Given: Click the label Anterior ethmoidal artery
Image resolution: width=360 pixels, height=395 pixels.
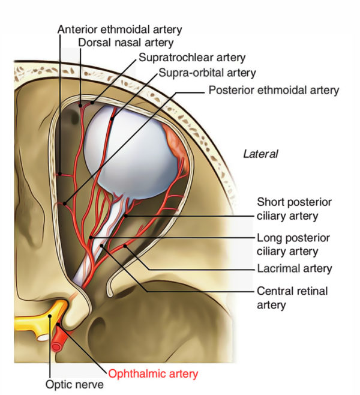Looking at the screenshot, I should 119,28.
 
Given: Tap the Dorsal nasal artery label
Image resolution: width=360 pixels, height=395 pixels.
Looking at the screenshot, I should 125,43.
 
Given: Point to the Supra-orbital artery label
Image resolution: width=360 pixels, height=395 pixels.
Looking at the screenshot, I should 207,73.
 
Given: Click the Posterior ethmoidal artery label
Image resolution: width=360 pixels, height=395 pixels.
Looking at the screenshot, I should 273,90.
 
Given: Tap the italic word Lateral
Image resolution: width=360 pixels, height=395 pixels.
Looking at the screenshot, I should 260,154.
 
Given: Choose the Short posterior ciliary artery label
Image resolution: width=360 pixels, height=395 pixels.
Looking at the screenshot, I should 294,208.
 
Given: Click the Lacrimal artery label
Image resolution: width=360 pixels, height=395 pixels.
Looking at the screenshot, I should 294,268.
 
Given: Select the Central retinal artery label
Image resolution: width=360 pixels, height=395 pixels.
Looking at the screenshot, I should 292,297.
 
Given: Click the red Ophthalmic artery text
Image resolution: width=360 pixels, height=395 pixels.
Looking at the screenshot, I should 153,373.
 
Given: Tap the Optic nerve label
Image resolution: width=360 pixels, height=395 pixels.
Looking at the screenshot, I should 74,384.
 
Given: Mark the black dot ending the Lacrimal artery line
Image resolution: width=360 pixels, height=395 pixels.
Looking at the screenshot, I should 125,246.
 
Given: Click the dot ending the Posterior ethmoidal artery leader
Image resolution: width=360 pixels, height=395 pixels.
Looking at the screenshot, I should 64,204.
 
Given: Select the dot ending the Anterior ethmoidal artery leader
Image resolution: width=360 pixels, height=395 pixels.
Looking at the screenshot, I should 60,173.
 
